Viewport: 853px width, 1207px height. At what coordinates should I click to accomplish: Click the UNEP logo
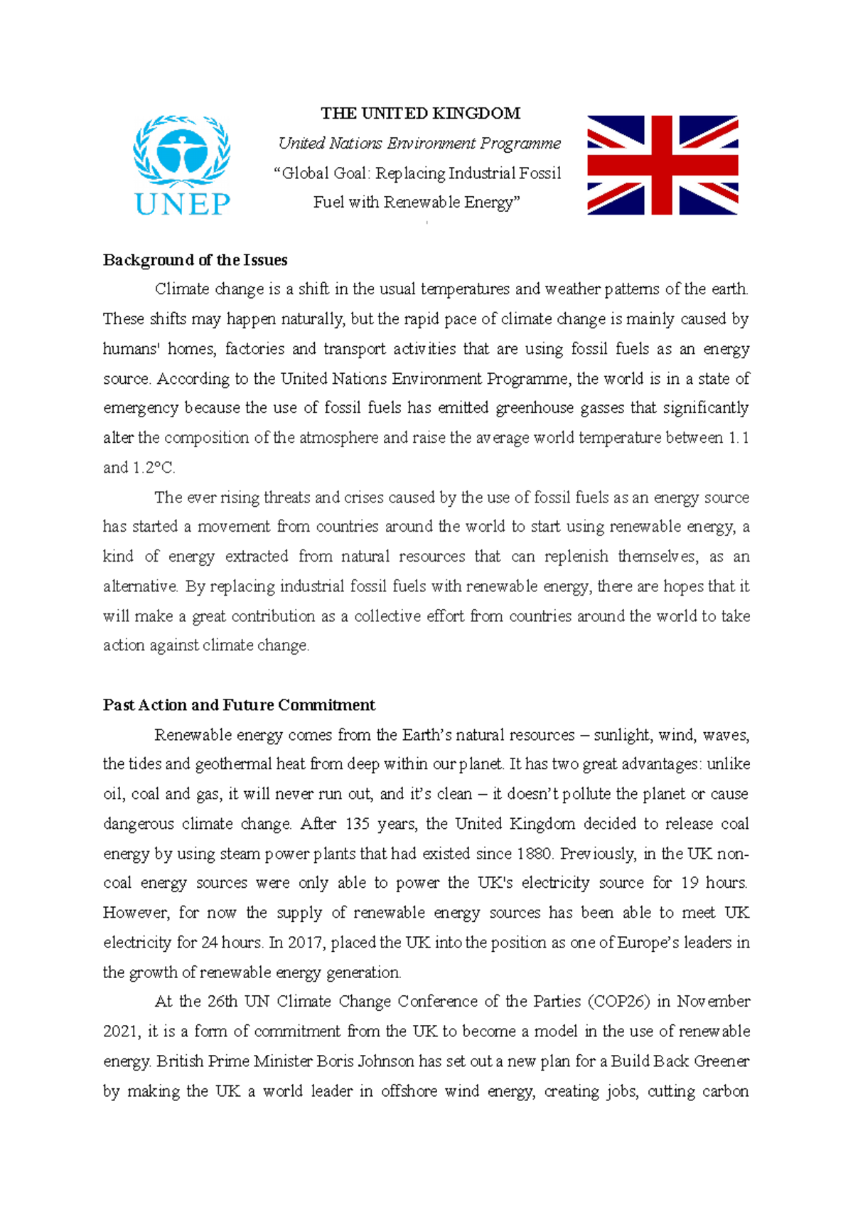click(x=182, y=165)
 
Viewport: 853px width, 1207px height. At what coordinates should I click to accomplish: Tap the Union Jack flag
click(x=662, y=165)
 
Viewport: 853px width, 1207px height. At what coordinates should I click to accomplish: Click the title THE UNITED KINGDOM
click(x=420, y=114)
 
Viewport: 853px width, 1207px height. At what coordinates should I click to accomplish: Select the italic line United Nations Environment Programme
click(x=419, y=144)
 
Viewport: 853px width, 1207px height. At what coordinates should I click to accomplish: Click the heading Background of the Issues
click(x=195, y=260)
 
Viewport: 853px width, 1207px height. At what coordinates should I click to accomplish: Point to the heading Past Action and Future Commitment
click(x=239, y=705)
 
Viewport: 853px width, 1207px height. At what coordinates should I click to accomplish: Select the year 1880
click(x=534, y=854)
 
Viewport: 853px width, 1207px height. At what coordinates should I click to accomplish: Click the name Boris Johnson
click(x=365, y=1061)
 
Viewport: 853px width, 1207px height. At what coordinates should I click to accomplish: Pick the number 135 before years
click(x=358, y=824)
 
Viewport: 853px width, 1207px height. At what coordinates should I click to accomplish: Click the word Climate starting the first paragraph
click(x=182, y=289)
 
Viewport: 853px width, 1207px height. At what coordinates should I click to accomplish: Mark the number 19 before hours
click(x=690, y=883)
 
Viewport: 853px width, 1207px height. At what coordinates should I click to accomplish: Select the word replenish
click(x=576, y=557)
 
